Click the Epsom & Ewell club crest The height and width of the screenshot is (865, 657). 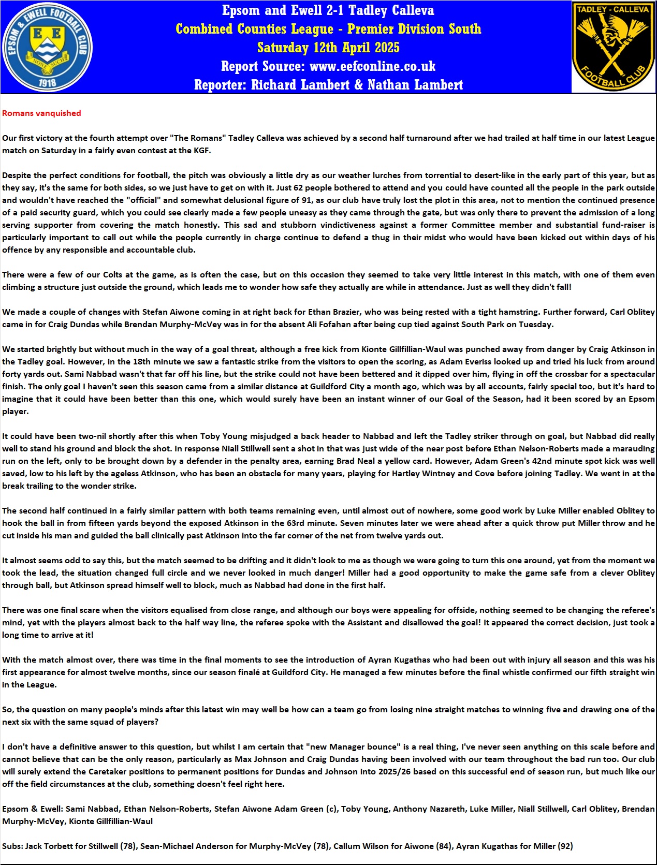click(48, 47)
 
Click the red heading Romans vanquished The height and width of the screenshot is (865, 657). click(41, 113)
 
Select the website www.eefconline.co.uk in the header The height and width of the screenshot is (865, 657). click(372, 66)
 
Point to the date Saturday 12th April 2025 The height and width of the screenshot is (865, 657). click(328, 48)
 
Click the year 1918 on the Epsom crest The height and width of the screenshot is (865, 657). click(48, 82)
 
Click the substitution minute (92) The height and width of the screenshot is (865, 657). click(565, 846)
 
